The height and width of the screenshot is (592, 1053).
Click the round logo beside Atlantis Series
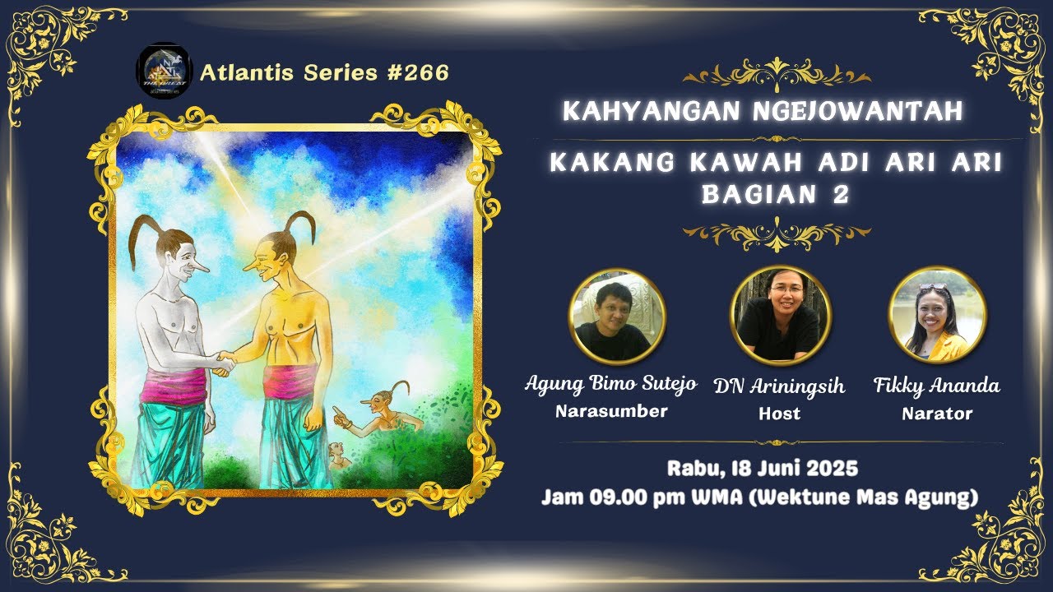pos(165,72)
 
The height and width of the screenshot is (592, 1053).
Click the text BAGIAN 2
pos(775,194)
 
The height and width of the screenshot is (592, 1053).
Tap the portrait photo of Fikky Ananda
pos(938,317)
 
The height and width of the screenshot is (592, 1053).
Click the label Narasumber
pos(610,412)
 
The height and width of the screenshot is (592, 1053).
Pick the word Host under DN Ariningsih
pos(779,414)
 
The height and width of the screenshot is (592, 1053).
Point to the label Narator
pos(937,414)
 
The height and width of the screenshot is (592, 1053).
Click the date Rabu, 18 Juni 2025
pos(763,469)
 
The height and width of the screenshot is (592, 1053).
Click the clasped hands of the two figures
pos(222,362)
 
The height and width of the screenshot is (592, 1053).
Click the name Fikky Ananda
pos(937,385)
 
